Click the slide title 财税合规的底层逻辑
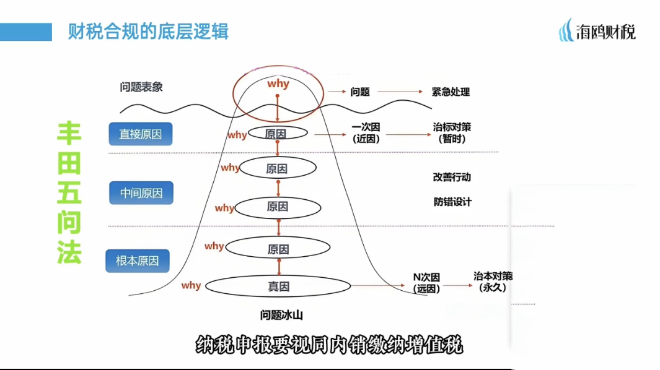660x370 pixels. [148, 31]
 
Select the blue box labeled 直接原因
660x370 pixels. [140, 134]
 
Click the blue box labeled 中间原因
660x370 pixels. [141, 193]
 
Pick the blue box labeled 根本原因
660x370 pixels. [137, 260]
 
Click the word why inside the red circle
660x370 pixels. [278, 84]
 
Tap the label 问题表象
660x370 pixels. [141, 87]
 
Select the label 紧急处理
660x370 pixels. [451, 92]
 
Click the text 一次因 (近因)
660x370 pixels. [365, 132]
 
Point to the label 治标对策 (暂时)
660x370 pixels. [452, 132]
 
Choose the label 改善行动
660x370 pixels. [452, 177]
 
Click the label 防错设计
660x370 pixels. [452, 202]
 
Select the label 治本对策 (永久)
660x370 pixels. [493, 282]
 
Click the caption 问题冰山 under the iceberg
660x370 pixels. [281, 316]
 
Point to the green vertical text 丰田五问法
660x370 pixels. [69, 192]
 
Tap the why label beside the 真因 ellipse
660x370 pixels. [191, 285]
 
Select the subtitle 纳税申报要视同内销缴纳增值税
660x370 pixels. [330, 345]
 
